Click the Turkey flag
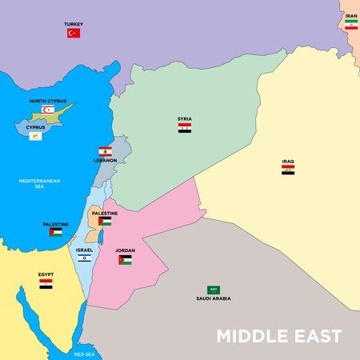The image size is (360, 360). tap(74, 34)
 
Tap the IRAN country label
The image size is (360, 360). tap(351, 15)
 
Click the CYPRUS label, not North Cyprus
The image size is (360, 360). tap(34, 127)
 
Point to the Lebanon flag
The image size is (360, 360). tap(105, 151)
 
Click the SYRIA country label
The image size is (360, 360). tap(185, 118)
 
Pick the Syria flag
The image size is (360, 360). tap(185, 127)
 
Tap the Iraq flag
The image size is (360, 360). tap(288, 170)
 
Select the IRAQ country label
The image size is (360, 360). tap(288, 161)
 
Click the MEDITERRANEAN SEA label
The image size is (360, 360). tap(40, 183)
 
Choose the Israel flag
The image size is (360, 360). tap(84, 258)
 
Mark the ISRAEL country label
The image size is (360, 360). tap(84, 250)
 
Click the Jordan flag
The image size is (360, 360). tap(125, 260)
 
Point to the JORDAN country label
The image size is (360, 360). tap(125, 250)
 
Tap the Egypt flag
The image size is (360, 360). tap(46, 283)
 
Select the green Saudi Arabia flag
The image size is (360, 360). tap(214, 290)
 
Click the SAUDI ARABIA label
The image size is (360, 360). tap(214, 298)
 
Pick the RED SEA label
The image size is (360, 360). tap(84, 353)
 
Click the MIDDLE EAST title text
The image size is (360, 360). tap(280, 335)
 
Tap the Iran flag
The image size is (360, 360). tap(351, 25)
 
